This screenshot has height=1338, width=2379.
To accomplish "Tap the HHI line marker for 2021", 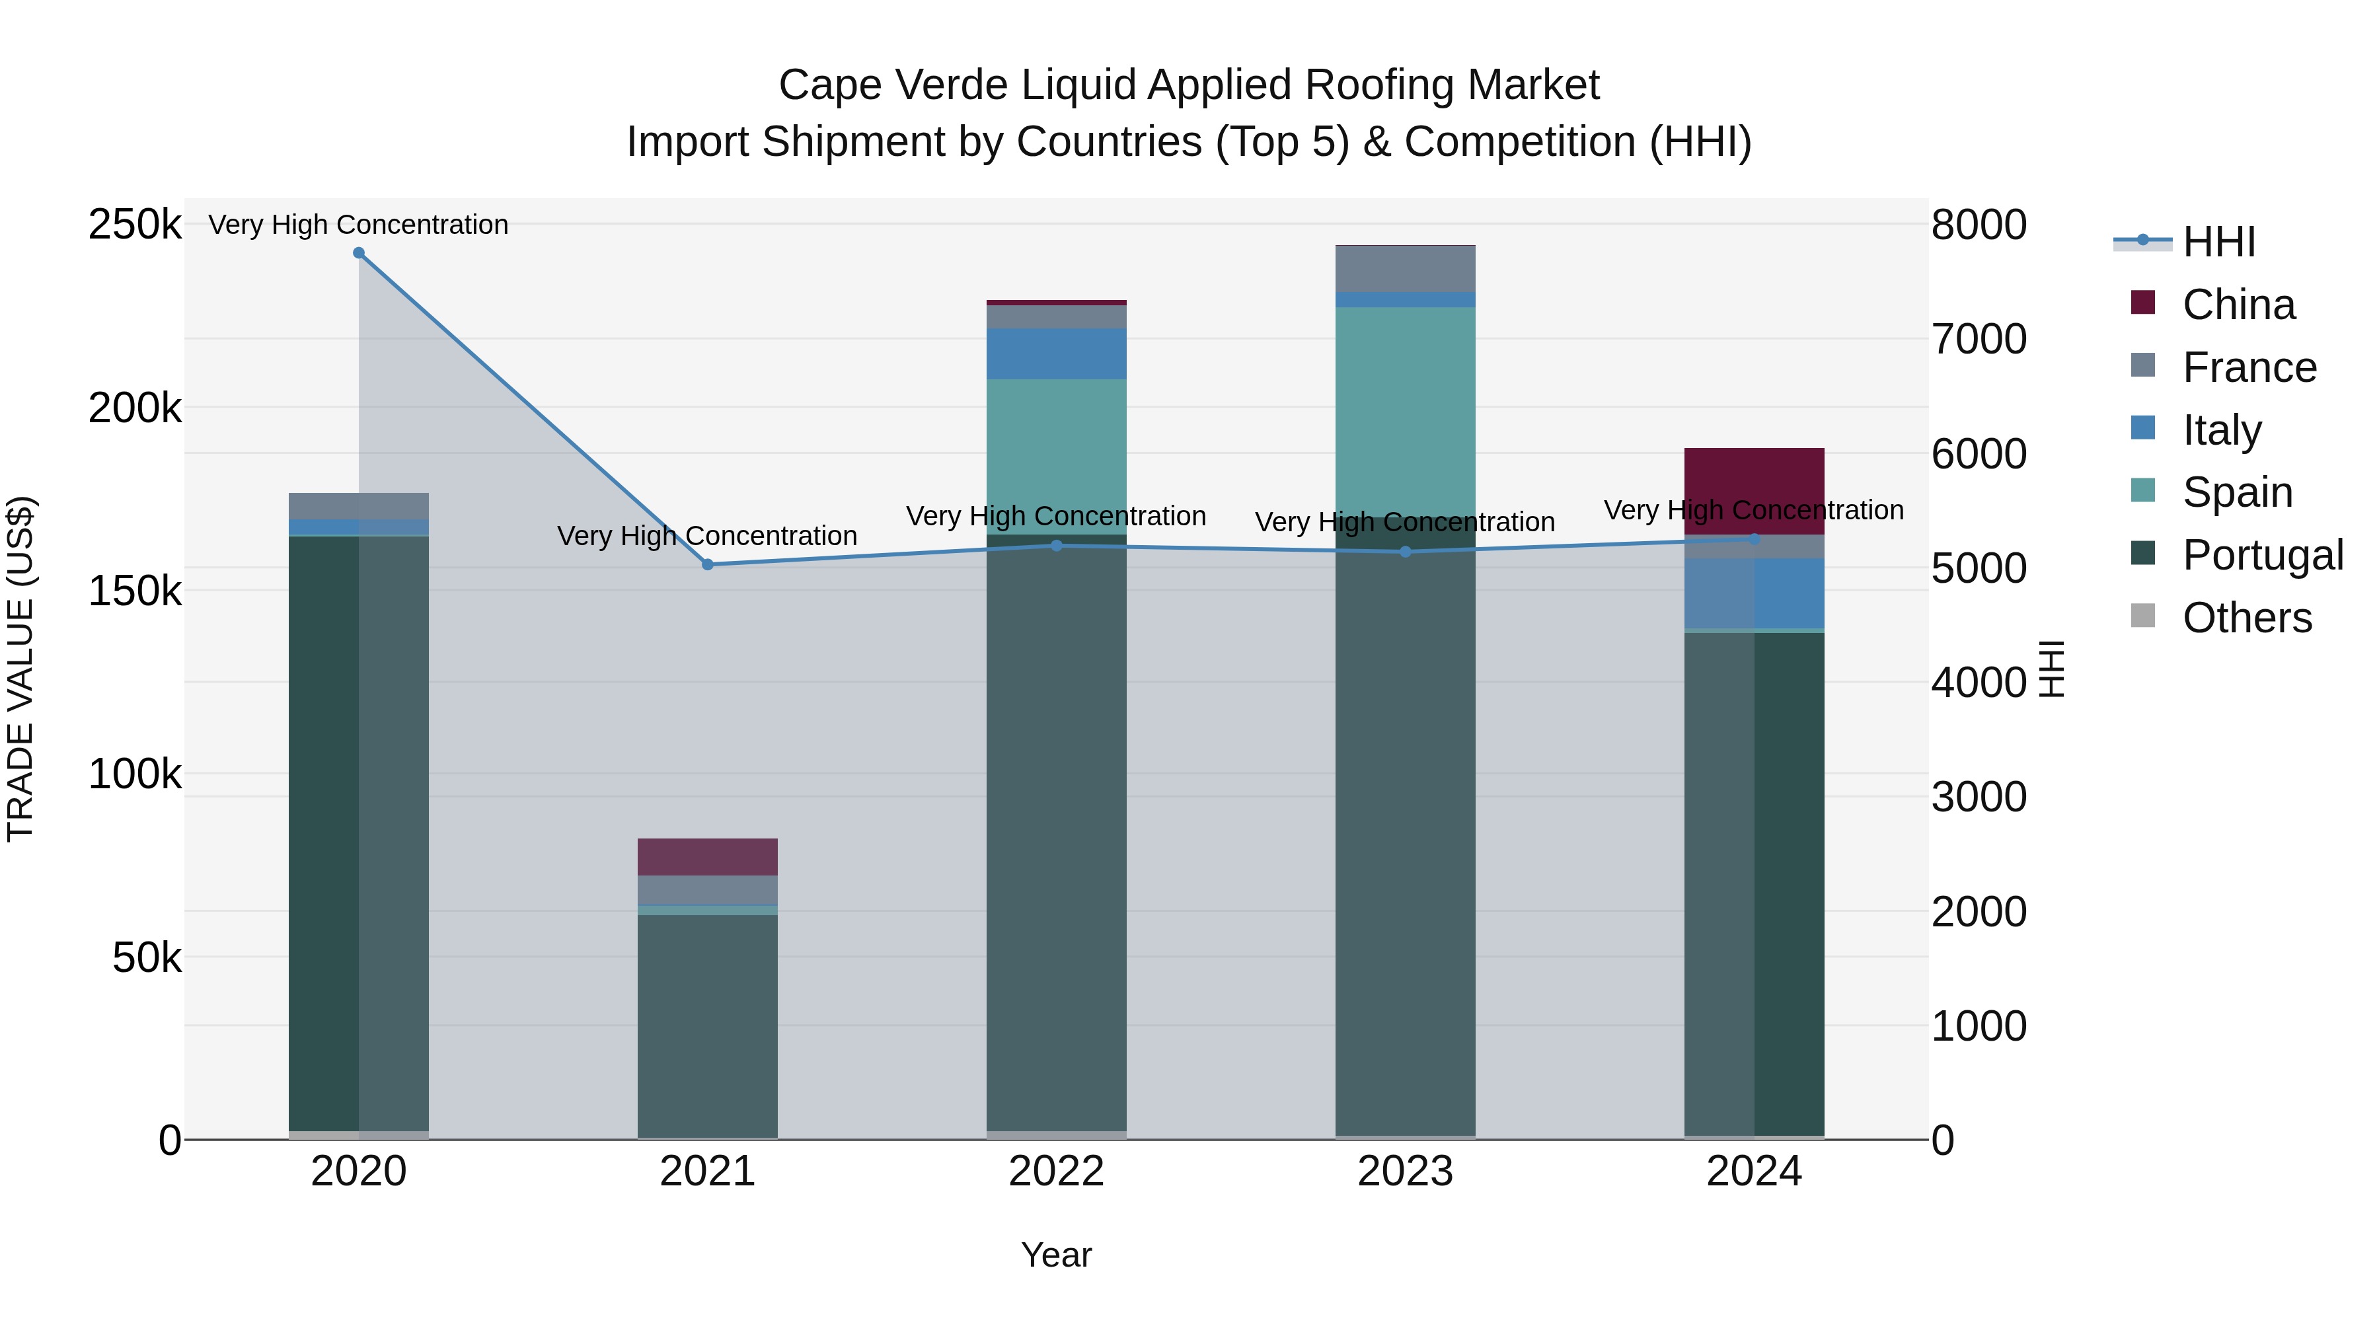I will click(x=707, y=564).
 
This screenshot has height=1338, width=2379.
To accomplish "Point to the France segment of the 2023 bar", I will click(x=1405, y=269).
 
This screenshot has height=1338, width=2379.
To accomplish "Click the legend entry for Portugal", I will click(x=2263, y=555).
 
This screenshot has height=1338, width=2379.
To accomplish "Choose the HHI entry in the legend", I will click(x=2219, y=242).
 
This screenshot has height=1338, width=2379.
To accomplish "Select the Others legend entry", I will click(x=2247, y=618).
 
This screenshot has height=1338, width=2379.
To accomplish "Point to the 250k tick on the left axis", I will click(x=135, y=225).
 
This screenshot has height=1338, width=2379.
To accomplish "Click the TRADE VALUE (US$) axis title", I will click(x=20, y=669).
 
